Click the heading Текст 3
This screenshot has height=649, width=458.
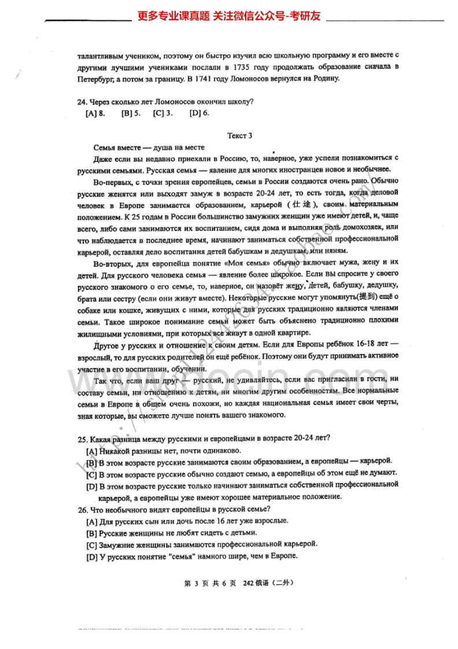pyautogui.click(x=240, y=136)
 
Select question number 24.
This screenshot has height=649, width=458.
pyautogui.click(x=82, y=102)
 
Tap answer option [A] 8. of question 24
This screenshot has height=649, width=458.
pyautogui.click(x=95, y=113)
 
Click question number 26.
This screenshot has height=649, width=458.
pyautogui.click(x=82, y=509)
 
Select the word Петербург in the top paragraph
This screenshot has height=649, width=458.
pyautogui.click(x=96, y=79)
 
